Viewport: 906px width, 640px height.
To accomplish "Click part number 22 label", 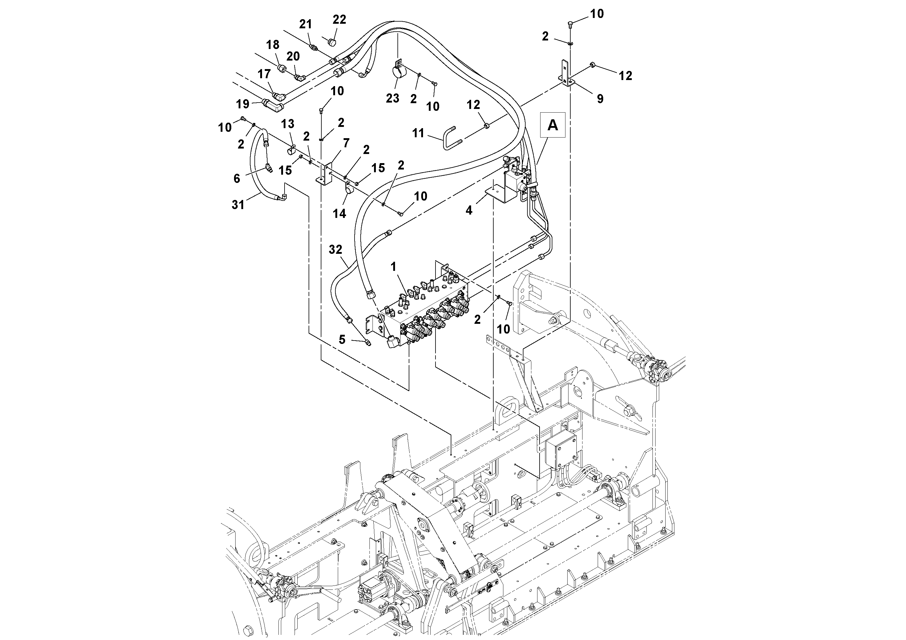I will [x=339, y=19].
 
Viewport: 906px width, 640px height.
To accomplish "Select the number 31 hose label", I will [x=238, y=205].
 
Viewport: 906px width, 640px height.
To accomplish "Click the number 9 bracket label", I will [x=600, y=99].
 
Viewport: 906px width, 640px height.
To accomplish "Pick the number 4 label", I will [x=469, y=210].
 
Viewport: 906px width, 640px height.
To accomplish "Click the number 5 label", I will [x=342, y=339].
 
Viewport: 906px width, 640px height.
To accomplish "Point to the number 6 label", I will [x=237, y=179].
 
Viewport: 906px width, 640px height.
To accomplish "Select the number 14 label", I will [x=339, y=213].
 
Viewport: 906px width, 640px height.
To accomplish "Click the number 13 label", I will [x=288, y=124].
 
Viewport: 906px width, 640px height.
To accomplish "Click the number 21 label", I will [x=306, y=24].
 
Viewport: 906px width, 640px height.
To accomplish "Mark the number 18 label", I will [x=273, y=45].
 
